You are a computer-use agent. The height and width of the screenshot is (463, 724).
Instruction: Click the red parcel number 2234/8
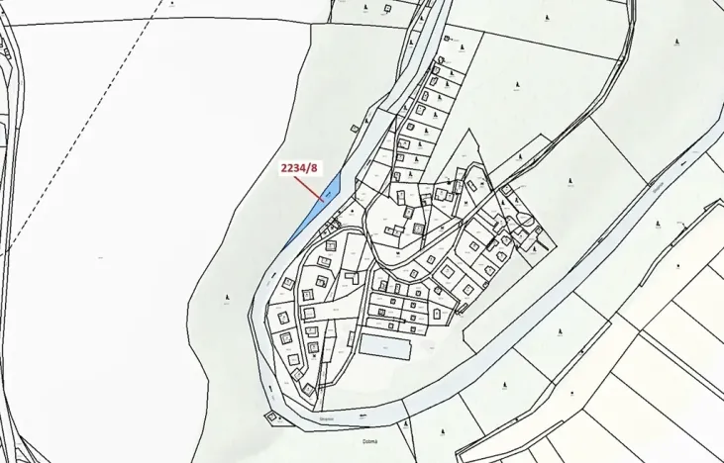[300, 168]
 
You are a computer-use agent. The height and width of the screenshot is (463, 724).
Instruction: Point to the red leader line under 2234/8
[311, 187]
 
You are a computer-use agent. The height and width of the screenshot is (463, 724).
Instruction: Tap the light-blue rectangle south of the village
[383, 346]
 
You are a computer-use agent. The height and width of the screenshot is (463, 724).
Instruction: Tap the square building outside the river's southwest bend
[270, 417]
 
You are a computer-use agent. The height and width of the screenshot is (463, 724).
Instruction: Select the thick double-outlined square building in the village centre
[419, 228]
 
